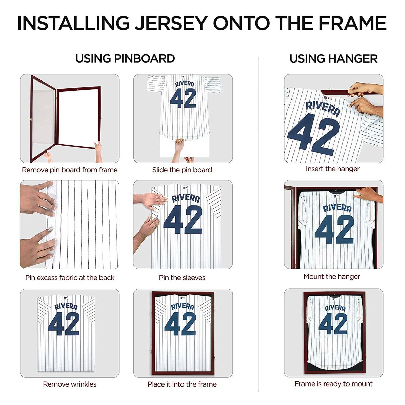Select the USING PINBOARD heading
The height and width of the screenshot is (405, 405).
point(125,59)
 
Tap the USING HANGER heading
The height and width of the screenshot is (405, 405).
point(333,59)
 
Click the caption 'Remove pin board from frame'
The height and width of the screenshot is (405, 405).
point(70,170)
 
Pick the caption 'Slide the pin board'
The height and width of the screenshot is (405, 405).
point(182,170)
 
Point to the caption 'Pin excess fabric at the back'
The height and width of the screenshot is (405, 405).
point(70,278)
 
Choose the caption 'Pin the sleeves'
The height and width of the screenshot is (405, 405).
point(182,278)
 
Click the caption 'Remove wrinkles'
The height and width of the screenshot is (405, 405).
point(70,384)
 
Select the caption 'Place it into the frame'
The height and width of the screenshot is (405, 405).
point(182,384)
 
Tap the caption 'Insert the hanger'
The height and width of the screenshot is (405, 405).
point(332,169)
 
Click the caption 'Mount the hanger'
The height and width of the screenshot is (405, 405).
point(332,277)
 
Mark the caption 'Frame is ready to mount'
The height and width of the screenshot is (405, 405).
point(333,384)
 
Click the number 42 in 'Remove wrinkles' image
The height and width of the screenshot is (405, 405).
point(64,324)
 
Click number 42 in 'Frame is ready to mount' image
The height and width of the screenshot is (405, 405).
point(333,324)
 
